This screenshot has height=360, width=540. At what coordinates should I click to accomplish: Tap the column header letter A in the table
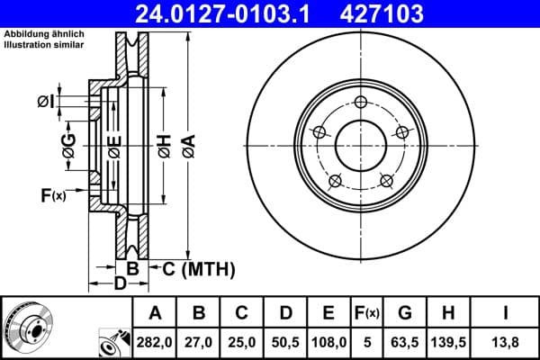[155, 312]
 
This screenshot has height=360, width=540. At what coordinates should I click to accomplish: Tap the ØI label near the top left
[46, 102]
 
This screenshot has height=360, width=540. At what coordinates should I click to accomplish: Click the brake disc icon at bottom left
[27, 326]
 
